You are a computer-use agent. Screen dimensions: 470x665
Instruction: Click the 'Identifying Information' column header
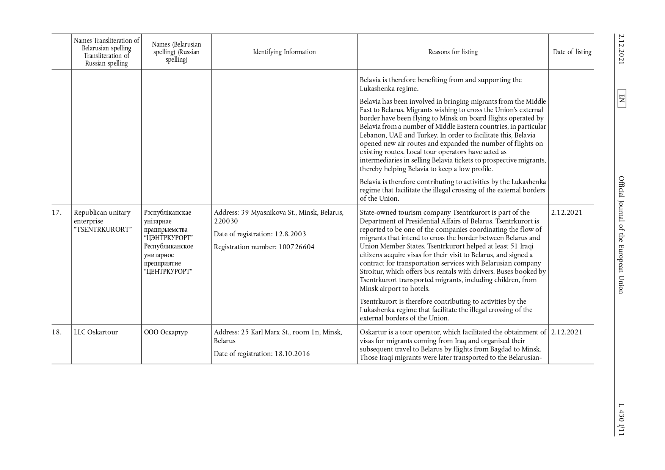tap(284, 52)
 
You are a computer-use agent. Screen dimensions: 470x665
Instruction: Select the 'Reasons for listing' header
tap(453, 52)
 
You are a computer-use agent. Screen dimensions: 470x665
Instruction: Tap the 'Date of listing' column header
tap(572, 52)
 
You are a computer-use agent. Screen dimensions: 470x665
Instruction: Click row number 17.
tap(56, 212)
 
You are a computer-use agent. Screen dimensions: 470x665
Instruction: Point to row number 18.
tap(56, 332)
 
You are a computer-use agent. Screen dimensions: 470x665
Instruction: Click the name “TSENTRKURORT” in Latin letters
tap(103, 230)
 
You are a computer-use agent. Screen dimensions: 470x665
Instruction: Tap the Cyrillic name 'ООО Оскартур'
tap(166, 332)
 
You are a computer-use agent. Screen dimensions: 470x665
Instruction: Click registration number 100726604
tap(296, 247)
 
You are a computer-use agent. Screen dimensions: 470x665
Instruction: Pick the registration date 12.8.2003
tap(290, 234)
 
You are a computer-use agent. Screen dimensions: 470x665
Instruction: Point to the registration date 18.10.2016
tap(292, 354)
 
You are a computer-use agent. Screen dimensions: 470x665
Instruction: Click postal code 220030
tap(226, 221)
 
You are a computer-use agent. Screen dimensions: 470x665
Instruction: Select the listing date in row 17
tap(566, 212)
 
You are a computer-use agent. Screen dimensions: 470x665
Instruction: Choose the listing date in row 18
tap(566, 332)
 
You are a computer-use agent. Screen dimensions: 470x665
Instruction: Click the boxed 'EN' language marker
tap(621, 98)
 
